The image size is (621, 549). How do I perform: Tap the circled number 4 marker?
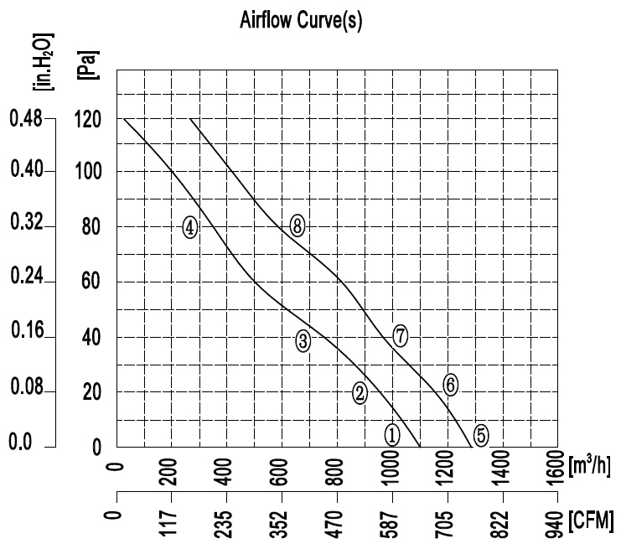click(x=190, y=226)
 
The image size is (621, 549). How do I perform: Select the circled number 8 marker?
click(x=297, y=225)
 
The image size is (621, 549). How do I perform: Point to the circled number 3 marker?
click(x=303, y=339)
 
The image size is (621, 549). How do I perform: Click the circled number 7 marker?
click(x=401, y=336)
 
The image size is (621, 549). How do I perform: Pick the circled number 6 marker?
click(x=451, y=384)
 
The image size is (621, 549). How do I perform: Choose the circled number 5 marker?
click(x=481, y=434)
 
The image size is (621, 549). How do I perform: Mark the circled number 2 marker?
click(x=360, y=392)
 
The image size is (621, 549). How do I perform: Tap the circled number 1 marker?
click(x=392, y=434)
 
